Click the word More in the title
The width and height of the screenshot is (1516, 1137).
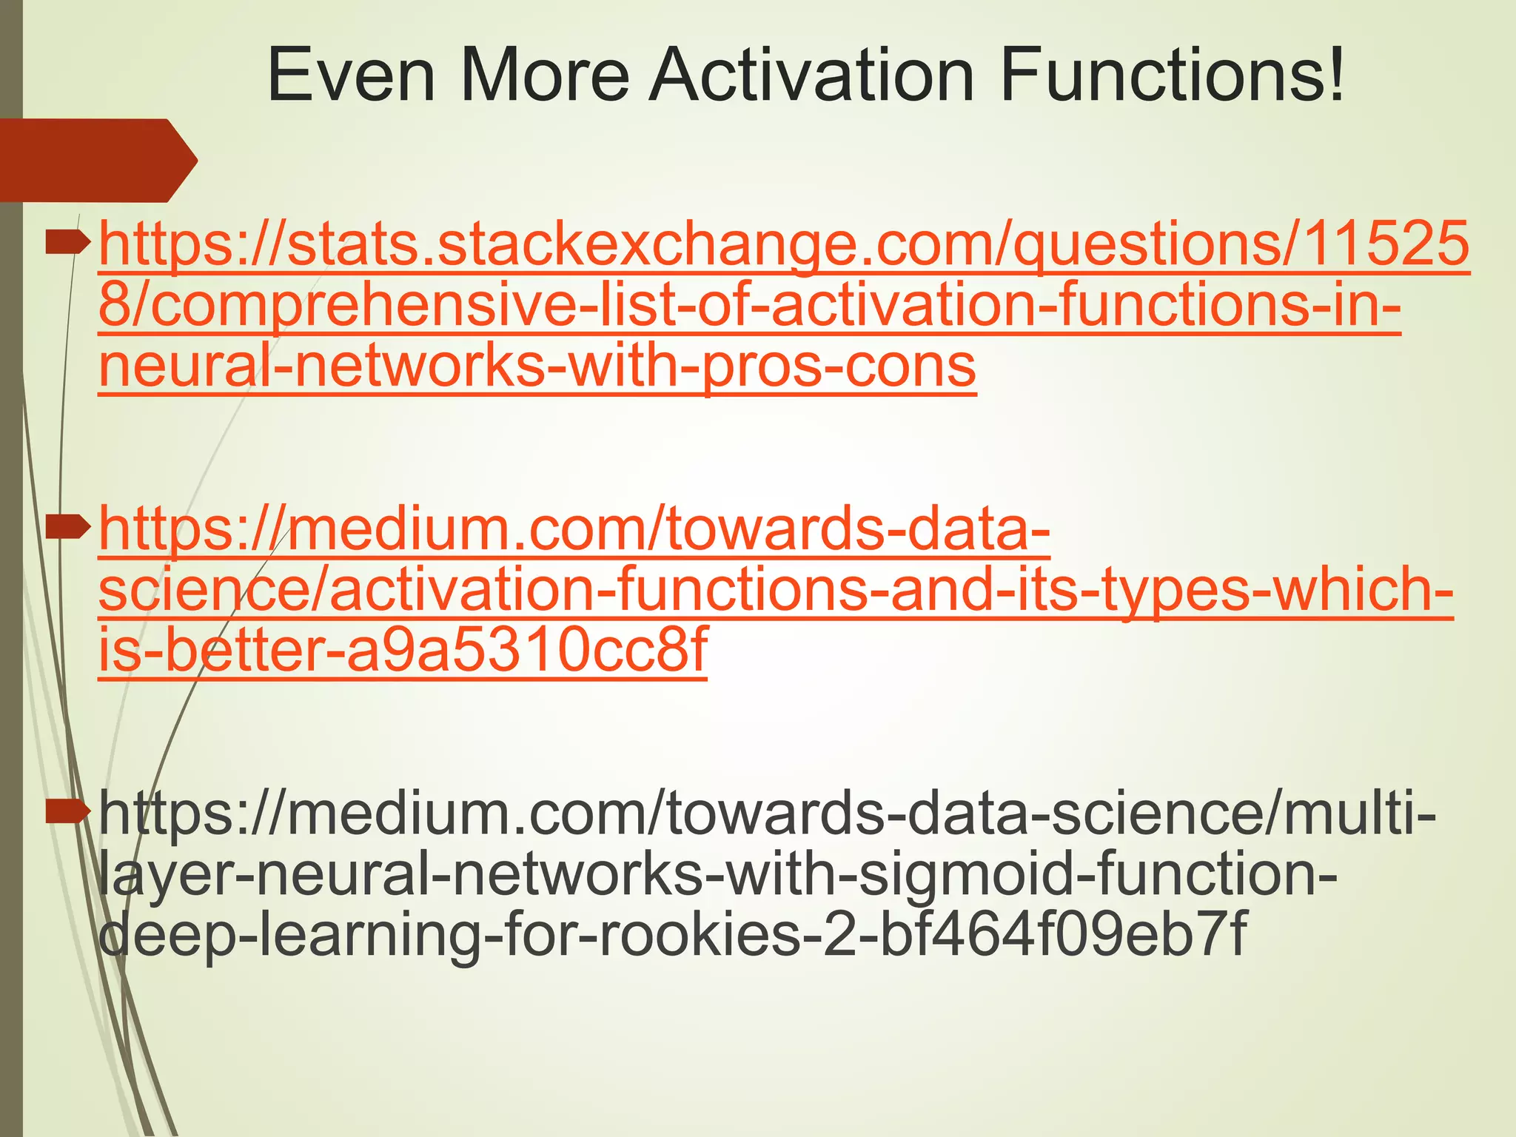(544, 76)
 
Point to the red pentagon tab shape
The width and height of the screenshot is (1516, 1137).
(96, 160)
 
